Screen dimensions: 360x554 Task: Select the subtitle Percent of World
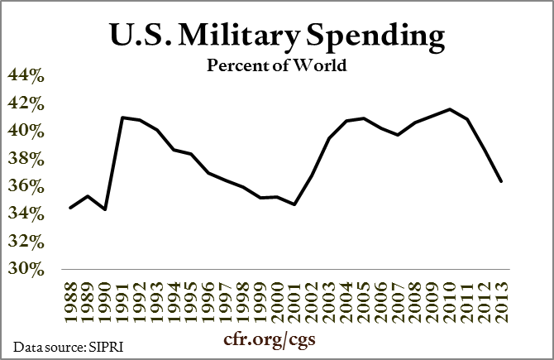[277, 66]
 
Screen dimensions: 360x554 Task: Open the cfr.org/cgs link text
[275, 340]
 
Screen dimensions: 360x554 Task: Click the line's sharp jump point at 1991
[122, 118]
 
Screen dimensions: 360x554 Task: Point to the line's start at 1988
[69, 208]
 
